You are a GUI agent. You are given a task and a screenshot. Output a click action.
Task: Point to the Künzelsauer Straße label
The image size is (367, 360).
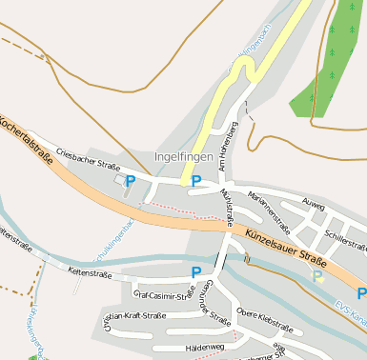pos(286,247)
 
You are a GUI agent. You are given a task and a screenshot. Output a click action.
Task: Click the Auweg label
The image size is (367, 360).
pos(312,204)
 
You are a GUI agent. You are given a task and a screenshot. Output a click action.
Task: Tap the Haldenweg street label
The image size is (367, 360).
pos(205,348)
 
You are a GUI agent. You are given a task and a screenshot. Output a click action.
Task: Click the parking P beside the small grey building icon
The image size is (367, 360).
pos(131,180)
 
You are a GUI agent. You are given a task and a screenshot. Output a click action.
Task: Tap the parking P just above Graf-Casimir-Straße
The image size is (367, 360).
pos(195,272)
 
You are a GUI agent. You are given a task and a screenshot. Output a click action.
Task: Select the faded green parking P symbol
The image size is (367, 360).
pos(317,276)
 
